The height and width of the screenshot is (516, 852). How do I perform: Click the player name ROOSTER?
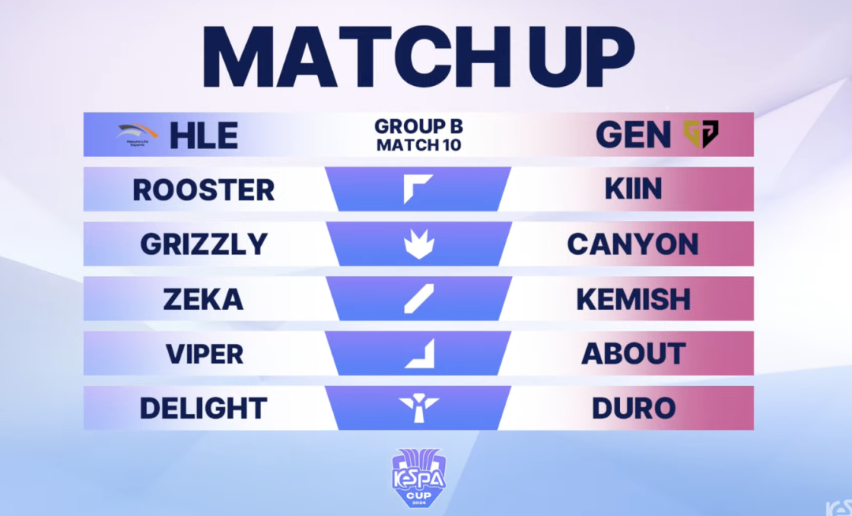204,189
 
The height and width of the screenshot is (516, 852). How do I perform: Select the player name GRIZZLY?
204,244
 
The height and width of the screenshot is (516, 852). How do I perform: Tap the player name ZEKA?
204,299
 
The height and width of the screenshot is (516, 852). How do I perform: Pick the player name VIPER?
204,354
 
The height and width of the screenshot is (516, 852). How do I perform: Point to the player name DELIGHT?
204,409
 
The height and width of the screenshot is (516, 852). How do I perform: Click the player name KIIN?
633,189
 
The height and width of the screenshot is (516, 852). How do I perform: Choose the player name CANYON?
633,244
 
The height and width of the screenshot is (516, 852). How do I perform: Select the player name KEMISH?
633,299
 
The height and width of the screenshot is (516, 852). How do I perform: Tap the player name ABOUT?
633,354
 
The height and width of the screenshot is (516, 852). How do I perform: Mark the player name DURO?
633,409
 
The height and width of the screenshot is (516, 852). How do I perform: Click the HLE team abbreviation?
204,135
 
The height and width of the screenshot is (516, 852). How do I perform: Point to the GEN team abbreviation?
633,134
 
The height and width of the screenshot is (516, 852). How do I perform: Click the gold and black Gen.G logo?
701,134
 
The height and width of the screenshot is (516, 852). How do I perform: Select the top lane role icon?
418,189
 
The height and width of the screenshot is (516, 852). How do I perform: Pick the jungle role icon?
419,243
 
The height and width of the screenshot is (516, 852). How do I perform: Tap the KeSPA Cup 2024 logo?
419,477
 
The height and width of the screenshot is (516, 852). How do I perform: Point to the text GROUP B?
418,126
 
